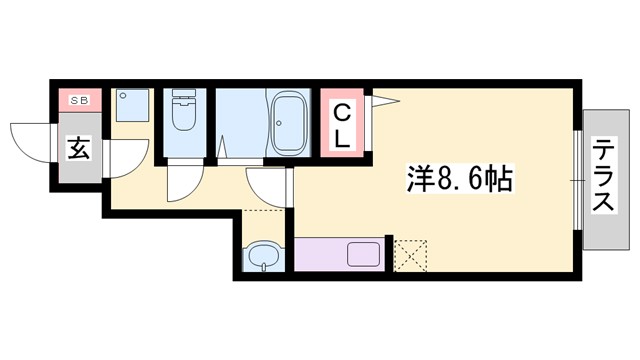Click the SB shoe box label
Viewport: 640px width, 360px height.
tap(77, 99)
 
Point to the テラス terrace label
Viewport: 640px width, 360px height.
tap(603, 178)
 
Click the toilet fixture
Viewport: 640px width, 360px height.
tap(184, 116)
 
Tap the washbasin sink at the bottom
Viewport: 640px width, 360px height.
tap(262, 258)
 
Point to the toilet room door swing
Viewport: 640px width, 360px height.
tap(184, 183)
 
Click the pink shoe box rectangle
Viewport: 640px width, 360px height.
tap(77, 99)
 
